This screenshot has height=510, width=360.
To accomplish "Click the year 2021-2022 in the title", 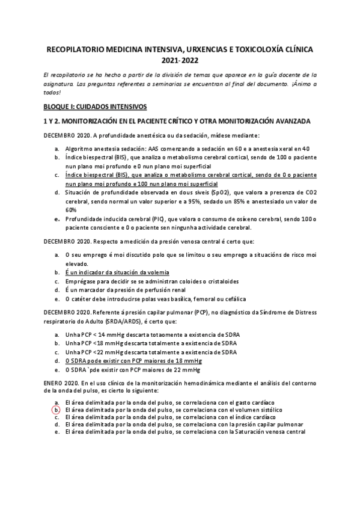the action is [180, 60].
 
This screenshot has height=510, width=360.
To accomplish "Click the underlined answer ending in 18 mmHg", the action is [132, 361].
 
